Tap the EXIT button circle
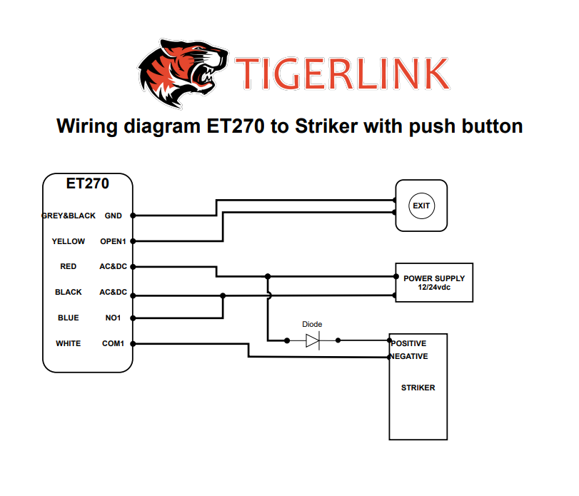(421, 206)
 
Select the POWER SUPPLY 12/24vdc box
(434, 282)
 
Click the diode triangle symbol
(313, 341)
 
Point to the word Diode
(313, 324)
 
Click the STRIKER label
(418, 388)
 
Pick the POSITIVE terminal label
(410, 343)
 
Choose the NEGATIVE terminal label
(410, 356)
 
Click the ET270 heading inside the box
(88, 183)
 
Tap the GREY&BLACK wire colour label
(69, 215)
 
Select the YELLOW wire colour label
(69, 241)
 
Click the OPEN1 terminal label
(113, 241)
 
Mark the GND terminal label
(113, 215)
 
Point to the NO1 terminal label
(113, 318)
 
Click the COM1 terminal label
(113, 343)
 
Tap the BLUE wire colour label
(69, 318)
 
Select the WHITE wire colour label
(69, 343)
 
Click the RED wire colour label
(69, 266)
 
